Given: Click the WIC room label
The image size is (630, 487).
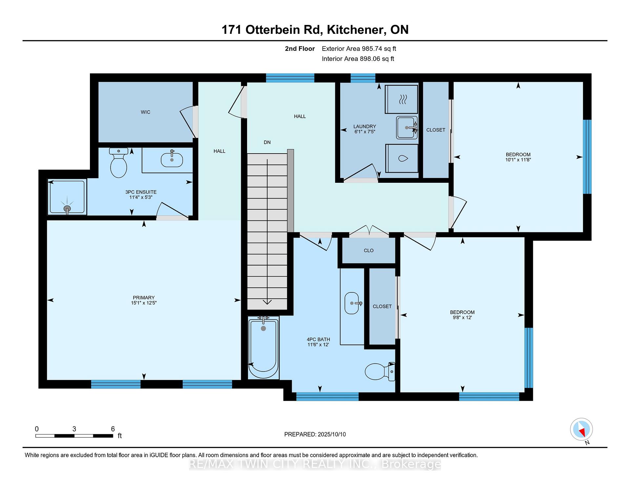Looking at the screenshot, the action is [x=145, y=112].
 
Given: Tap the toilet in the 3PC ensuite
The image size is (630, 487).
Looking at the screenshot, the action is [x=118, y=163].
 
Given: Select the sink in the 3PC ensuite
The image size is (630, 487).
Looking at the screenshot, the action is [x=172, y=159].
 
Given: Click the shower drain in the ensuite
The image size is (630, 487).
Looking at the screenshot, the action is [x=67, y=209].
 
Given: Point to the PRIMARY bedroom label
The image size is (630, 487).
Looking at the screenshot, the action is [x=144, y=298].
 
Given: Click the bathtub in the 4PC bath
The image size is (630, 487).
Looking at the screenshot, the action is [x=263, y=348].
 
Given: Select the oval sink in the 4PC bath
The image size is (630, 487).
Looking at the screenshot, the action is [x=352, y=303].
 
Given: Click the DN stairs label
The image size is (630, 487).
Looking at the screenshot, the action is [x=267, y=142].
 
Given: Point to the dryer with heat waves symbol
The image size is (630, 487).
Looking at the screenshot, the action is [x=401, y=99].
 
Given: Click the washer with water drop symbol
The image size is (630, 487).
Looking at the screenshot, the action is [x=402, y=159].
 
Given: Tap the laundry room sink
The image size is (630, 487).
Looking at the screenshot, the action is [x=407, y=127].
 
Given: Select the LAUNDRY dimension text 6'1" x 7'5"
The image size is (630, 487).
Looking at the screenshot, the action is [x=365, y=132].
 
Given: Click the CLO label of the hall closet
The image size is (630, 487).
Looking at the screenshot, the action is [x=368, y=250].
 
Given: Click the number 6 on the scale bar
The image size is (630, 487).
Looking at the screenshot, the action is [x=113, y=429].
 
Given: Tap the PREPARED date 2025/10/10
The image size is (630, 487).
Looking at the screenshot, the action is [x=332, y=434].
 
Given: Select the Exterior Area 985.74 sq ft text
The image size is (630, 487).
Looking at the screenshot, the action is [x=359, y=49].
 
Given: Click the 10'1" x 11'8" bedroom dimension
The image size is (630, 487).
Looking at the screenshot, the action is [x=518, y=160].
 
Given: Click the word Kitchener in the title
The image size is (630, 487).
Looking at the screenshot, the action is [x=355, y=30].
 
